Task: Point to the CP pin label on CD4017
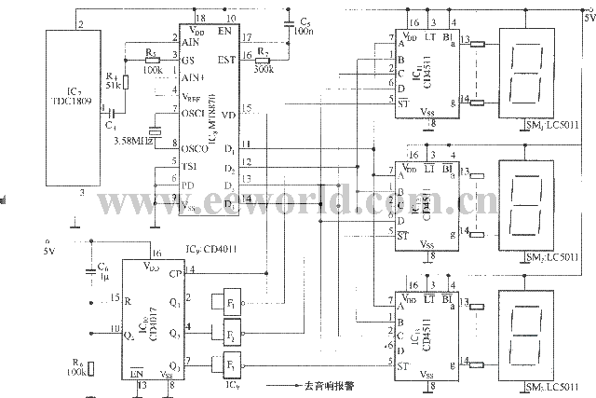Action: point(175,273)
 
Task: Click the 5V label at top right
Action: point(587,16)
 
